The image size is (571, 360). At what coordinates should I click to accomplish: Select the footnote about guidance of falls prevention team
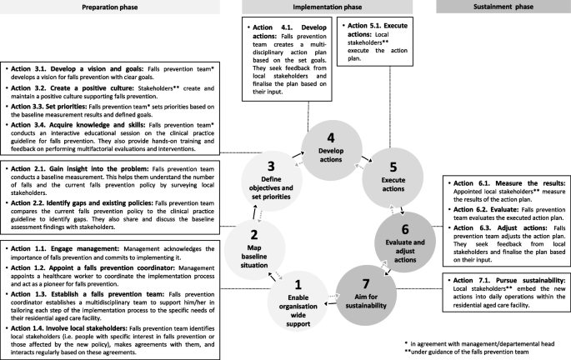[x=492, y=352]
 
